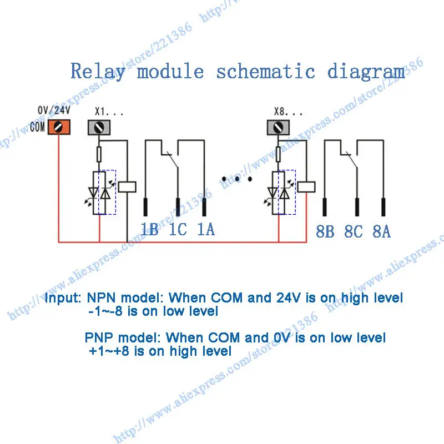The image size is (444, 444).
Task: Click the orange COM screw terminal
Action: point(59,127)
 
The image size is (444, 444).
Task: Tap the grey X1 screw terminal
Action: point(99,128)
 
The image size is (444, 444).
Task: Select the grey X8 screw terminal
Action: point(279,128)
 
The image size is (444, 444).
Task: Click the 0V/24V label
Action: point(54,110)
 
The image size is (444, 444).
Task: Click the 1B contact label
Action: point(150,229)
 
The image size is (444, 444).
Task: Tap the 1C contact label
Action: point(178,229)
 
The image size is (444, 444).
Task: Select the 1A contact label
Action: point(206,229)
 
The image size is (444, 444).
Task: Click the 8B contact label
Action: point(325,231)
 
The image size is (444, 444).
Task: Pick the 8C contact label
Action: point(354,231)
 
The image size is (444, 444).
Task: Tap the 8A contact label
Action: point(381,231)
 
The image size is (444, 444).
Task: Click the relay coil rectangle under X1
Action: point(127,187)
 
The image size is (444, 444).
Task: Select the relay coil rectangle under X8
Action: point(306,187)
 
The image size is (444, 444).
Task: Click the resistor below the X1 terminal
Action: point(99,154)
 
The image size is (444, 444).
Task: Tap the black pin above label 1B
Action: point(145,207)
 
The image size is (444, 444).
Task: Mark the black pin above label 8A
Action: point(384,207)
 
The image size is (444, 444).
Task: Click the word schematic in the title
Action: point(266,71)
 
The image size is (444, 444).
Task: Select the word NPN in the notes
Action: point(101,297)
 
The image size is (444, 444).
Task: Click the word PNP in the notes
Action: point(99,337)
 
